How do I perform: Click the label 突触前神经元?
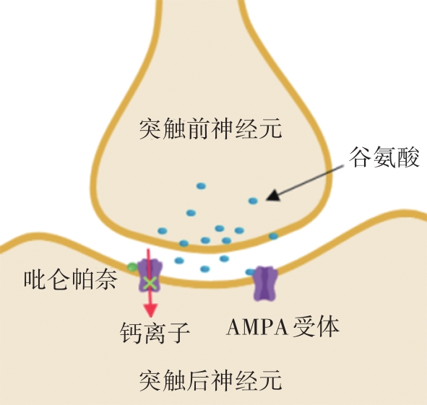coord(210,129)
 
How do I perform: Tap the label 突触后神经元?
coord(210,380)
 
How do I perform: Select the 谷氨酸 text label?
coord(384,157)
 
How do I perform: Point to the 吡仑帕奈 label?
coord(71,279)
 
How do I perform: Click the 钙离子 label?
coord(155,332)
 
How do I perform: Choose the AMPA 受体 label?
coord(283,326)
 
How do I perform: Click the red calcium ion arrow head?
coord(150,310)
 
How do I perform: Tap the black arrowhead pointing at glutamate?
coord(273,196)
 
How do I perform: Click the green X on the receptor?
coord(150,283)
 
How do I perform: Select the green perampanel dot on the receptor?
coord(132,266)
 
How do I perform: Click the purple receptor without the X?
coord(265,283)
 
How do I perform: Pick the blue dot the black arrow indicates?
coord(253,201)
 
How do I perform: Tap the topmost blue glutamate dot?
coord(201,186)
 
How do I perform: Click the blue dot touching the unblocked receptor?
coord(250,271)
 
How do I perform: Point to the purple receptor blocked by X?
coord(150,276)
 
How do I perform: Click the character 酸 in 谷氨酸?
coord(408,157)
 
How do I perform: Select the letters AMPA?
coord(257,327)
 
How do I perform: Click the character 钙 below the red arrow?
coord(131,332)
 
